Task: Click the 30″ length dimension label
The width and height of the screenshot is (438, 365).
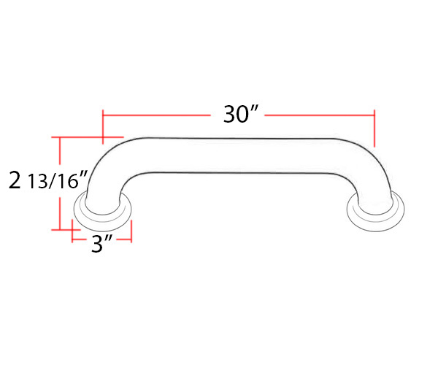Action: point(239,114)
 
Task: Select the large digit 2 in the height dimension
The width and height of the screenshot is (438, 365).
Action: point(15,180)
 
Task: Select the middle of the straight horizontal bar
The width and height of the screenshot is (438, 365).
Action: point(237,155)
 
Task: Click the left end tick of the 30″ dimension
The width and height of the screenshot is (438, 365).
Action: point(103,127)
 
